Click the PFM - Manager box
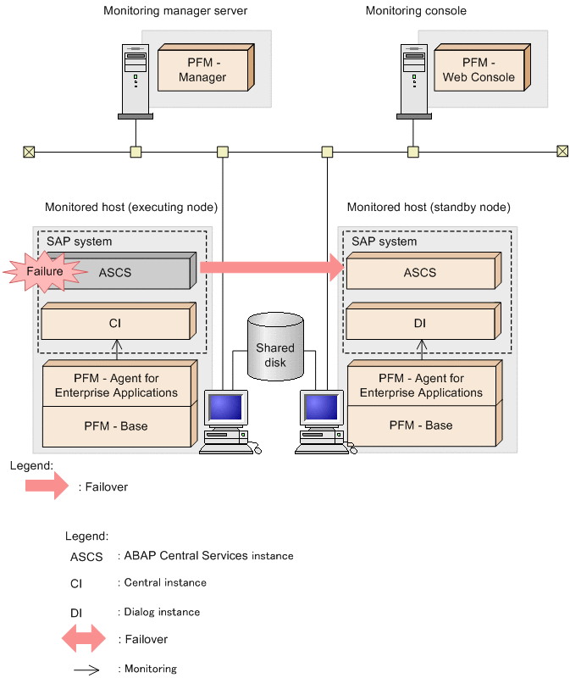click(x=203, y=69)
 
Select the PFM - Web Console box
click(x=479, y=69)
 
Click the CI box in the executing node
click(x=116, y=324)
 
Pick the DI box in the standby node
click(x=421, y=324)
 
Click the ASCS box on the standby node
click(x=421, y=273)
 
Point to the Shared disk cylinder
click(x=275, y=347)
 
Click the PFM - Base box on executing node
click(x=116, y=426)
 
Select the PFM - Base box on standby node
click(x=421, y=425)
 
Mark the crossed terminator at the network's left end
click(x=29, y=152)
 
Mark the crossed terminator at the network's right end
click(x=562, y=152)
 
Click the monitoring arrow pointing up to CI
click(x=118, y=350)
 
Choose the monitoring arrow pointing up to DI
click(x=422, y=350)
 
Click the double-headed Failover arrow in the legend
click(x=84, y=640)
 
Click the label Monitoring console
click(x=416, y=11)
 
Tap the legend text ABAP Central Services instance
click(x=208, y=556)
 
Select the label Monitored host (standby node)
click(x=429, y=207)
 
